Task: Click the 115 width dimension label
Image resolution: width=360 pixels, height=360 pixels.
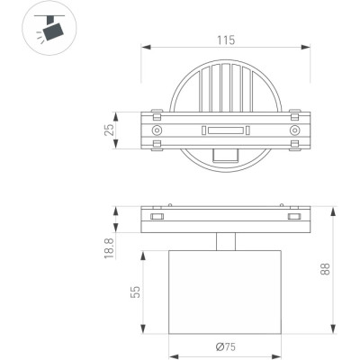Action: point(226,40)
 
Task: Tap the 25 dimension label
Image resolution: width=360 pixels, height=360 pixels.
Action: point(109,130)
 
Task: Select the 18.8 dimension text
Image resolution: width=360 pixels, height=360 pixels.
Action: point(110,248)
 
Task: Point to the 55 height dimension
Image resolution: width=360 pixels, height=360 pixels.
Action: point(135,292)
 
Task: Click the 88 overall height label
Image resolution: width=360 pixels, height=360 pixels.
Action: point(325,269)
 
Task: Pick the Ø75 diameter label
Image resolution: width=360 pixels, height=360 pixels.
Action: point(226,347)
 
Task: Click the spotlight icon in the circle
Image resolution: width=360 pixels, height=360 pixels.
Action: point(49,28)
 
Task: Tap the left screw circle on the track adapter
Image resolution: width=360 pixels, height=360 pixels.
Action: point(157,130)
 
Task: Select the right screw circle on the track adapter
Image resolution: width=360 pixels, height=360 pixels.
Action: point(294,130)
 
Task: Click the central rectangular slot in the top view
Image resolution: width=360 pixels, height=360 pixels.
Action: point(226,130)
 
